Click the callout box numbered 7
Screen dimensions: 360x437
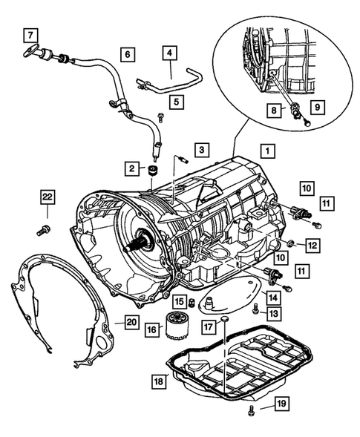coord(30,35)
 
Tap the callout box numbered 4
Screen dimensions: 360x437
coord(169,53)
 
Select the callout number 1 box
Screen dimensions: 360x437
coord(268,151)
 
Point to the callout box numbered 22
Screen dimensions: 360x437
coord(48,197)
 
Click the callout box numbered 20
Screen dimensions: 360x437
coord(132,322)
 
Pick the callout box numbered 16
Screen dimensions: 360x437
coord(151,330)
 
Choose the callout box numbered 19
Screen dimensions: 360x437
coord(282,404)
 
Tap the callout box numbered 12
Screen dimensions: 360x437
coord(312,246)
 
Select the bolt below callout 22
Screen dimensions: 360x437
coord(44,231)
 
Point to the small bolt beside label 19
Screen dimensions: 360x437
coord(250,410)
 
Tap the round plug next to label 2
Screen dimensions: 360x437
coord(153,171)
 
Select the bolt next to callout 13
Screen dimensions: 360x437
coord(255,308)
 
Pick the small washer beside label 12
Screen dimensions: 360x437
coord(290,243)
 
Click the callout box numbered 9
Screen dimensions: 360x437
coord(318,107)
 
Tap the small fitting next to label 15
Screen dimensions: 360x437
coord(192,302)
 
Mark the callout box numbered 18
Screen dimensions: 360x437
coord(159,381)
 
